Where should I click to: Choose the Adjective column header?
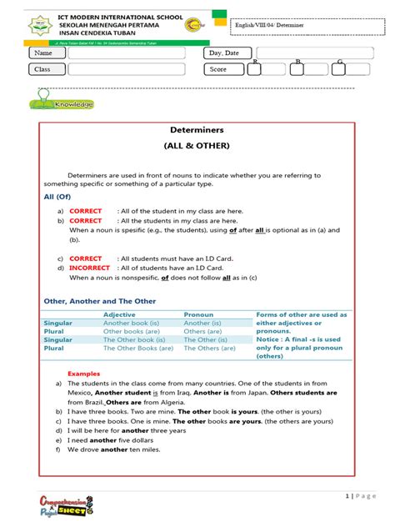119,314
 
